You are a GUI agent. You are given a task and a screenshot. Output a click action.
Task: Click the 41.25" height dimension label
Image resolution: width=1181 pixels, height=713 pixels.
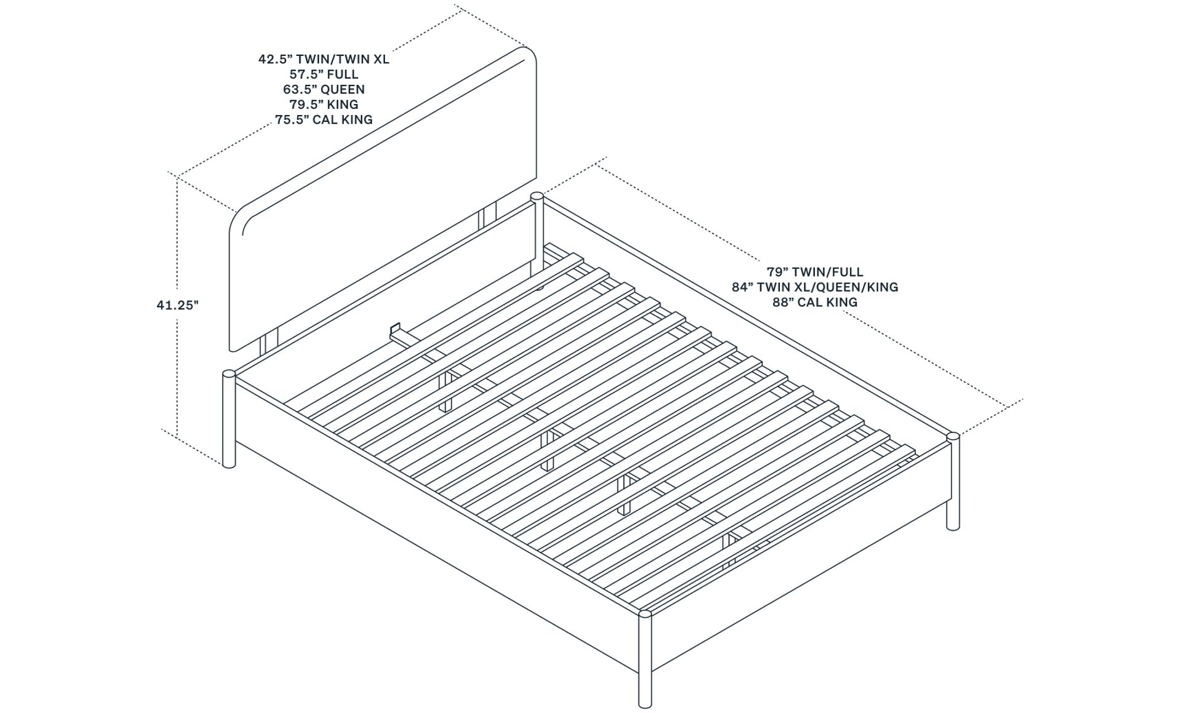click(177, 305)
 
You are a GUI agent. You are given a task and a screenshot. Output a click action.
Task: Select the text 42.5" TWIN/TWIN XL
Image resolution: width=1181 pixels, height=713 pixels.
click(324, 60)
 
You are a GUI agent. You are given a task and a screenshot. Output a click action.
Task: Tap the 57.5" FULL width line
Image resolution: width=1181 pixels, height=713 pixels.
click(324, 74)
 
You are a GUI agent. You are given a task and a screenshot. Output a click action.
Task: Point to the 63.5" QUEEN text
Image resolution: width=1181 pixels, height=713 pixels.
click(324, 89)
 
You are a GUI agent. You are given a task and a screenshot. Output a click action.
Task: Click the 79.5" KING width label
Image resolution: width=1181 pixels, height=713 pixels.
click(324, 105)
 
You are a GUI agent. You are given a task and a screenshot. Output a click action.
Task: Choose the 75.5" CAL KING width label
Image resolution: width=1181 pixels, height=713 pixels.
click(324, 119)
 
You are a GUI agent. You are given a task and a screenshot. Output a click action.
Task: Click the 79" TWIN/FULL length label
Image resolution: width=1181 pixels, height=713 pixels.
click(814, 272)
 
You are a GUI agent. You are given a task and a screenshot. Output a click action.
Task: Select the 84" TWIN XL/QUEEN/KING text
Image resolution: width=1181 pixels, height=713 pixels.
click(814, 287)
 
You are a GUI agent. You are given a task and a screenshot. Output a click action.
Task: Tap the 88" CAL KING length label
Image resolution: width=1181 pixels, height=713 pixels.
click(814, 302)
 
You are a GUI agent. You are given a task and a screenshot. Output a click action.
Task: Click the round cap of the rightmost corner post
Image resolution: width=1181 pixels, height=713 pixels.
click(953, 436)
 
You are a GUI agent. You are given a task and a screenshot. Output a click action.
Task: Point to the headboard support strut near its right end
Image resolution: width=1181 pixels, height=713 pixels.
click(489, 216)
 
